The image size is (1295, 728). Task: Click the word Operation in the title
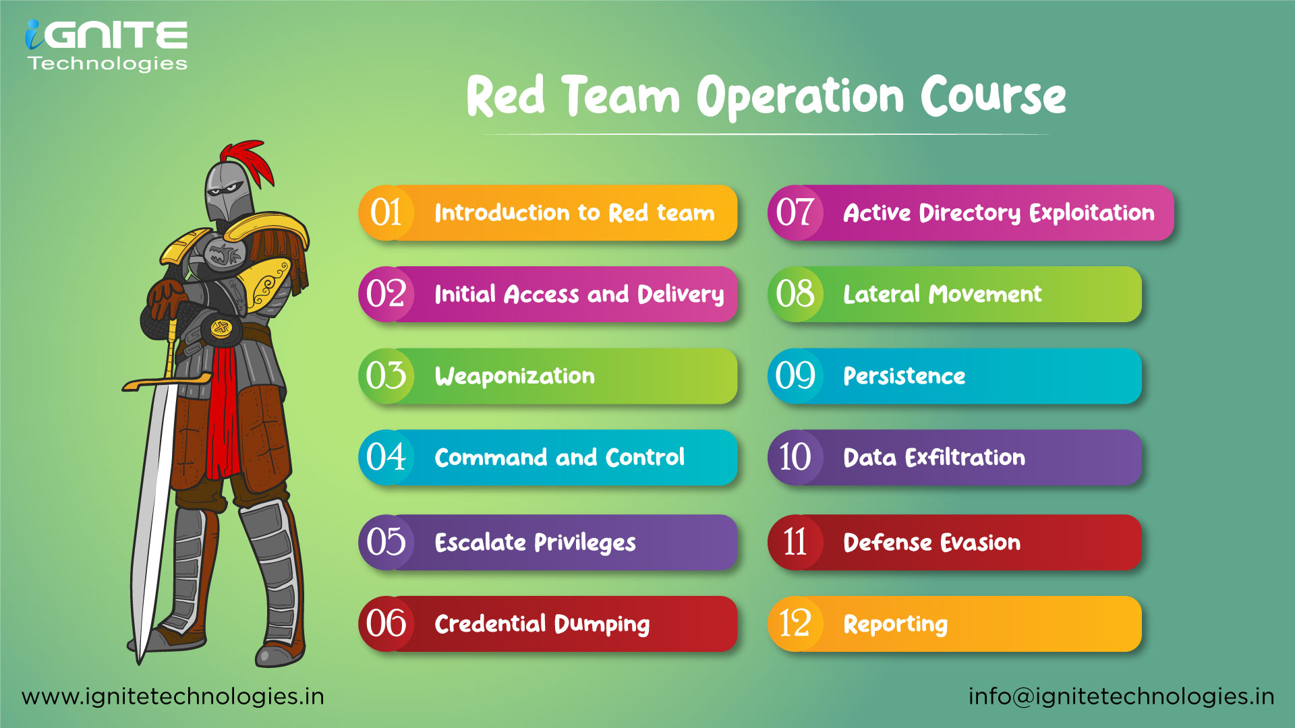point(800,96)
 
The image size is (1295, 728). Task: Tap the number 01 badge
point(386,212)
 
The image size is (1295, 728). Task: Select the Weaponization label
point(515,376)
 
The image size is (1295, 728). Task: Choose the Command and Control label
point(559,458)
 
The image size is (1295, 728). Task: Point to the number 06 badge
point(386,624)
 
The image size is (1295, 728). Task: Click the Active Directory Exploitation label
point(998,213)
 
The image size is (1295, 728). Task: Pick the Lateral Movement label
point(942,295)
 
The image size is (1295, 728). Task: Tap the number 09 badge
point(795,376)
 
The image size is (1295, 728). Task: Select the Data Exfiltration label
point(934,458)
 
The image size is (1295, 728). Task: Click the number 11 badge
point(795,542)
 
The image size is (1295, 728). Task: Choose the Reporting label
point(895,624)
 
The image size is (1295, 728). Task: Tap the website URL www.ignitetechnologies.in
point(173,696)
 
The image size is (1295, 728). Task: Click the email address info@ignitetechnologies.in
point(1121,696)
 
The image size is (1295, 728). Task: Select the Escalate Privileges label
point(535,543)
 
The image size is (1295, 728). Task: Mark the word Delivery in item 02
point(681,295)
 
